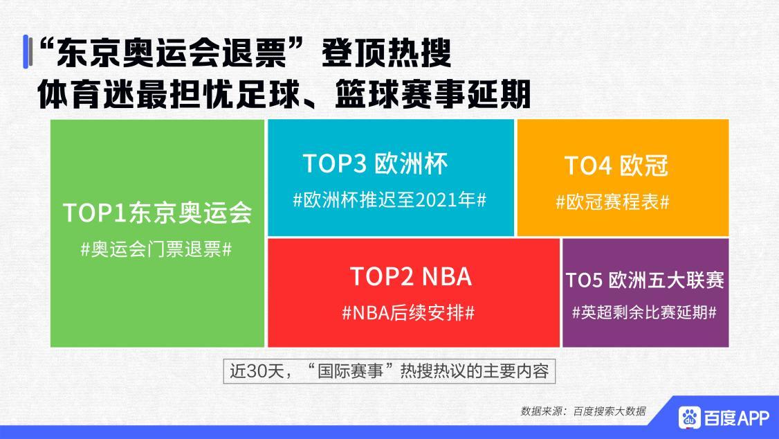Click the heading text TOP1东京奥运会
[x=157, y=213]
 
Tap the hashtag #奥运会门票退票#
[x=156, y=249]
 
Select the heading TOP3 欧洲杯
[x=376, y=163]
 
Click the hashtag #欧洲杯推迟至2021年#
[x=390, y=200]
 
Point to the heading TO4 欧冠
[x=616, y=166]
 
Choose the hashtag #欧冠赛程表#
[x=612, y=202]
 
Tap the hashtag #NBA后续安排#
[x=408, y=312]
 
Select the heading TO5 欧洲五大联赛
[x=645, y=280]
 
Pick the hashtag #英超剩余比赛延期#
[x=644, y=312]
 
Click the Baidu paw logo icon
[x=689, y=417]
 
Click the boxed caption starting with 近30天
[x=389, y=371]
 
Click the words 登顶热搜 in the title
[x=386, y=52]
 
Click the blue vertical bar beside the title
[x=26, y=51]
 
